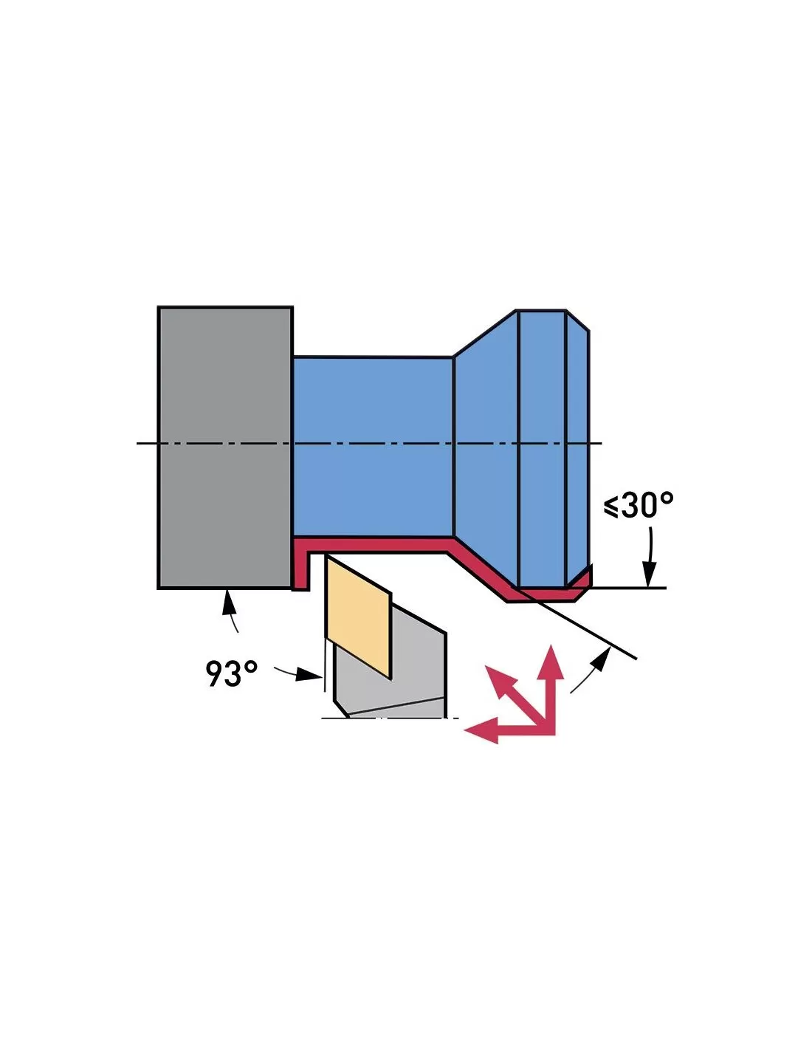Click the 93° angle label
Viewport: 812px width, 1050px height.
tap(231, 673)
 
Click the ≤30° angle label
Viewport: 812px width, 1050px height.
tap(638, 506)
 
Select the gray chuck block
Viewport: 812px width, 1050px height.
tap(225, 447)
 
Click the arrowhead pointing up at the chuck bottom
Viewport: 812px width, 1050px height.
tap(228, 602)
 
